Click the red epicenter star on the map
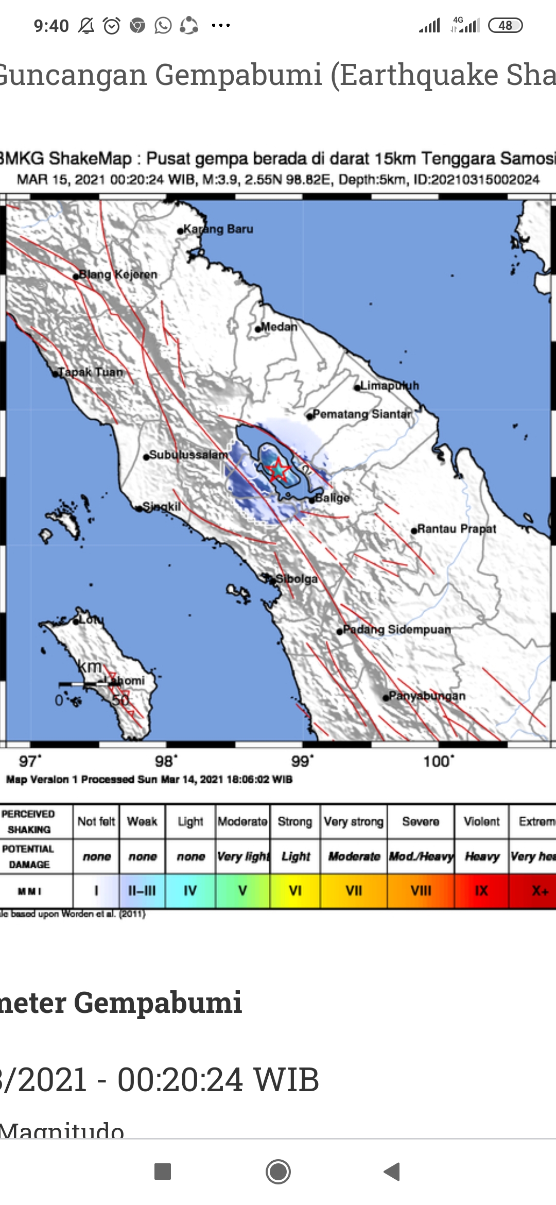[x=278, y=470]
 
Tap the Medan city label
[x=279, y=326]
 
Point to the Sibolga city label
[x=296, y=579]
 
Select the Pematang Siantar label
[x=362, y=414]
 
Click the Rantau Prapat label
[x=456, y=529]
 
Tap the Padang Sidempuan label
[x=396, y=629]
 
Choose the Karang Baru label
[x=218, y=229]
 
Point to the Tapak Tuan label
[x=91, y=372]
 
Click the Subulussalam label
[x=188, y=455]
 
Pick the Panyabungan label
[x=427, y=696]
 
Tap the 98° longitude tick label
[x=166, y=761]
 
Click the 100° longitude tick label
[x=439, y=761]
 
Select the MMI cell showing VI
[x=295, y=890]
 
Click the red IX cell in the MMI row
[x=481, y=890]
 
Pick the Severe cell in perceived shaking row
[x=421, y=821]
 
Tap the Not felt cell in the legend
[x=96, y=821]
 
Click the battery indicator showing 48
[x=505, y=25]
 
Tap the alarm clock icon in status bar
[x=112, y=25]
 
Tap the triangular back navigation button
[x=392, y=1172]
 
